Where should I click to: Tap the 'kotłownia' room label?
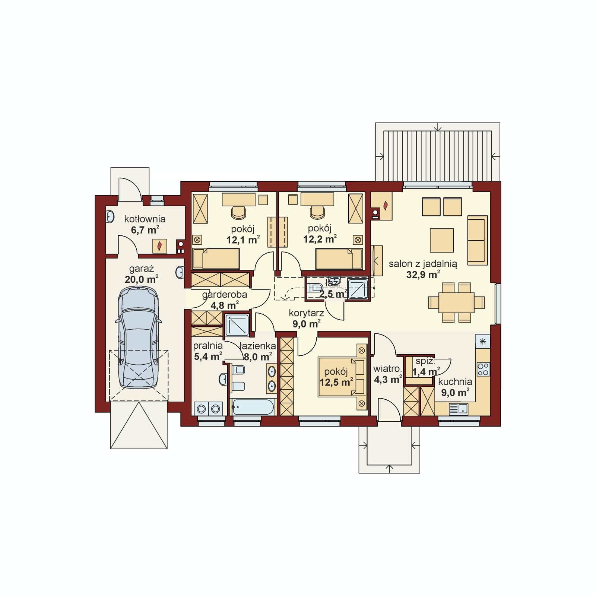pyautogui.click(x=145, y=219)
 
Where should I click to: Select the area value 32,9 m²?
pyautogui.click(x=423, y=275)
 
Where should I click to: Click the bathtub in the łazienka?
pyautogui.click(x=253, y=407)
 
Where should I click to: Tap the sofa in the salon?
pyautogui.click(x=477, y=240)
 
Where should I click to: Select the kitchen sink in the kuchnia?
pyautogui.click(x=459, y=409)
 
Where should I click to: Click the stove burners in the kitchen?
pyautogui.click(x=484, y=369)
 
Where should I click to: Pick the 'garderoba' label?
pyautogui.click(x=225, y=295)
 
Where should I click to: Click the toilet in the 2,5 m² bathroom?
pyautogui.click(x=316, y=288)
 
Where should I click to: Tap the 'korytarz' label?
pyautogui.click(x=306, y=313)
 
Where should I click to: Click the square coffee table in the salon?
pyautogui.click(x=442, y=241)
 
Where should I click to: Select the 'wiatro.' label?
pyautogui.click(x=387, y=369)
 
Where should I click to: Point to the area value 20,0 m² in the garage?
pyautogui.click(x=142, y=279)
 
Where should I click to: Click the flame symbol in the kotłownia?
pyautogui.click(x=160, y=246)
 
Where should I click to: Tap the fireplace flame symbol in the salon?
pyautogui.click(x=386, y=205)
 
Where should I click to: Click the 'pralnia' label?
pyautogui.click(x=208, y=346)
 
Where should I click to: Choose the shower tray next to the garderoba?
pyautogui.click(x=237, y=325)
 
